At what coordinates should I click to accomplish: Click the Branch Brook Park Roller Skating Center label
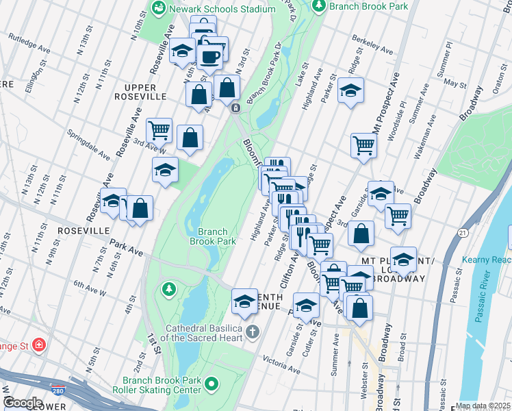[x=162, y=385]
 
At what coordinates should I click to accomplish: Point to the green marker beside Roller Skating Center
[x=212, y=385]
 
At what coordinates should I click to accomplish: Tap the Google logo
[x=22, y=403]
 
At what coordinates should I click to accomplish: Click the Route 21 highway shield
[x=463, y=234]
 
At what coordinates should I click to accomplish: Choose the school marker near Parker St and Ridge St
[x=350, y=92]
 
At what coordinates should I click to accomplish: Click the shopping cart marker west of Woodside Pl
[x=363, y=145]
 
